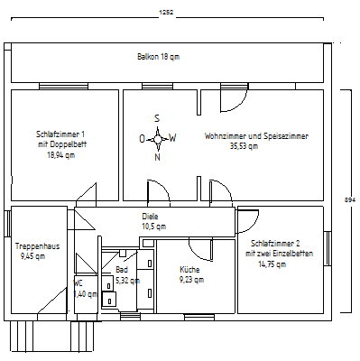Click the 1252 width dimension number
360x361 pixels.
pyautogui.click(x=166, y=13)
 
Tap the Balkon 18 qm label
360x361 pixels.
pyautogui.click(x=159, y=57)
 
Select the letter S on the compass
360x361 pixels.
pyautogui.click(x=157, y=118)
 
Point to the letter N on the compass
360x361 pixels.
pyautogui.click(x=157, y=157)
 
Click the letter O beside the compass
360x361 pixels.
pyautogui.click(x=143, y=139)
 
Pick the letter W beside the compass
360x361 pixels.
pyautogui.click(x=172, y=138)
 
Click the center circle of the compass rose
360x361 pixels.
pyautogui.click(x=158, y=139)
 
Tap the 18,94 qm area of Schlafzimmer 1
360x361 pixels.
pyautogui.click(x=61, y=155)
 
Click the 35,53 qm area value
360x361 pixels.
pyautogui.click(x=244, y=146)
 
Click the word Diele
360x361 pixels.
pyautogui.click(x=150, y=217)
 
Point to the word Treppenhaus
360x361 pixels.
pyautogui.click(x=38, y=246)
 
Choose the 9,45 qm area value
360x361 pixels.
pyautogui.click(x=33, y=256)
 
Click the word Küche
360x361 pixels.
pyautogui.click(x=189, y=269)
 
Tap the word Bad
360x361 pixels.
pyautogui.click(x=122, y=269)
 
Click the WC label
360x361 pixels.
pyautogui.click(x=78, y=283)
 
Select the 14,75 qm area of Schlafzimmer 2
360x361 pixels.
pyautogui.click(x=272, y=264)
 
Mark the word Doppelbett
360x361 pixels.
pyautogui.click(x=69, y=144)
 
